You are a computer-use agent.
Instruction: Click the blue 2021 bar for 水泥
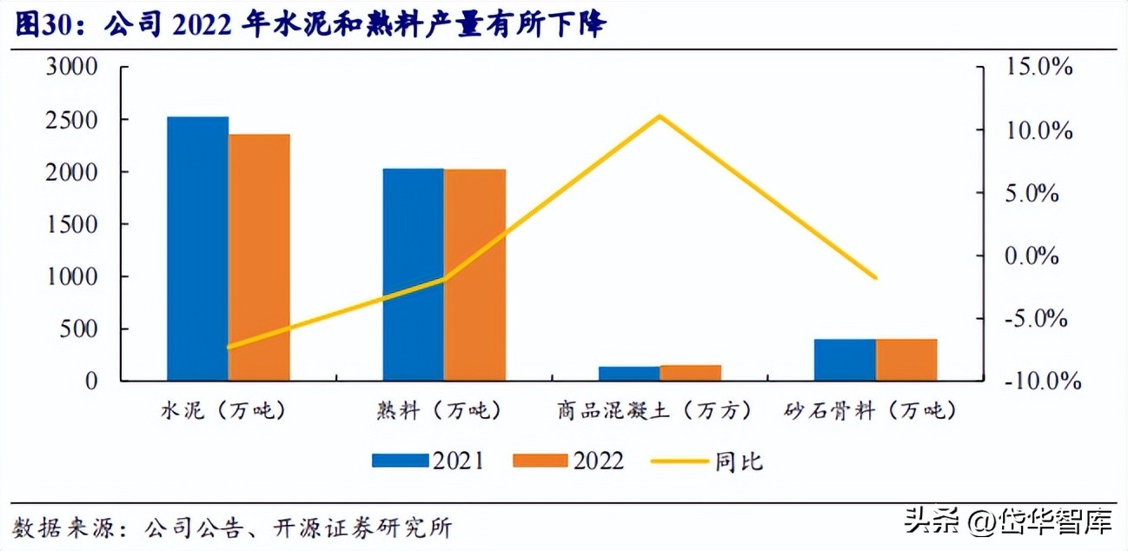[x=198, y=249]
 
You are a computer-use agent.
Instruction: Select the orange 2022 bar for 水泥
[x=259, y=257]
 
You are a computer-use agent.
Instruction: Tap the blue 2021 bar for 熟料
[x=414, y=275]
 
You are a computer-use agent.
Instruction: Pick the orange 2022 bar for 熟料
[x=474, y=275]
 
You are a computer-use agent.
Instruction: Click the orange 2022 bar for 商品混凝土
[x=691, y=373]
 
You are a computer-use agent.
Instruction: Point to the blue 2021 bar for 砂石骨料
[x=845, y=360]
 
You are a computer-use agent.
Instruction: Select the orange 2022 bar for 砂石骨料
[x=906, y=360]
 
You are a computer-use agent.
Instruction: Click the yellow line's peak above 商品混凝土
[x=660, y=116]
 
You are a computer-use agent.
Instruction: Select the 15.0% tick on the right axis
[x=1035, y=68]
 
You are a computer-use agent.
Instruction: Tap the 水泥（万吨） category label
[x=223, y=410]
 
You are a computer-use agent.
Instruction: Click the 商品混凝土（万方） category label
[x=654, y=410]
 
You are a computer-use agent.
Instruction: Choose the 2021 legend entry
[x=428, y=461]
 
